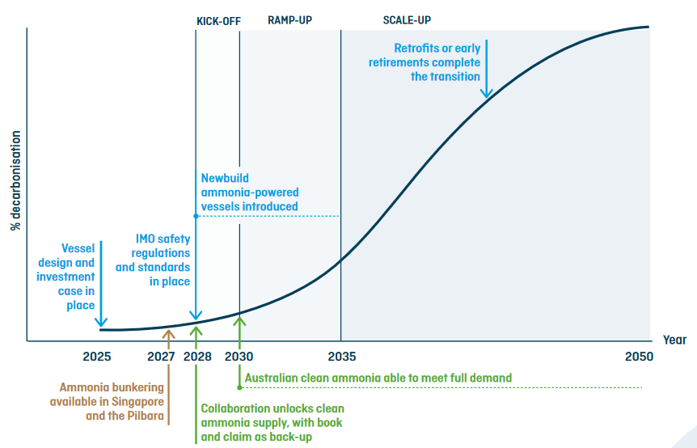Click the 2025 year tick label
tap(96, 357)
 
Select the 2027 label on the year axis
tap(162, 357)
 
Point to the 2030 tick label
tap(239, 357)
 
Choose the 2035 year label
tap(341, 357)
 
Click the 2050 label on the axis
tap(639, 357)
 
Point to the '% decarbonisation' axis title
tap(15, 180)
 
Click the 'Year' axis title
tap(674, 340)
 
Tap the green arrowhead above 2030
tap(239, 320)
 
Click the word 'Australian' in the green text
tap(272, 378)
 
